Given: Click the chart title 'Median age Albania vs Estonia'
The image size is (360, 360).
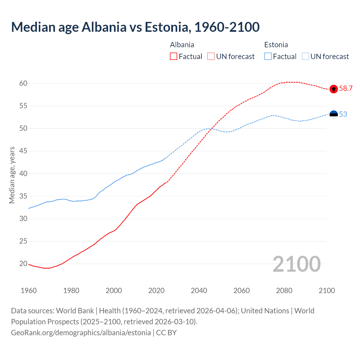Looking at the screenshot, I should point(135,27).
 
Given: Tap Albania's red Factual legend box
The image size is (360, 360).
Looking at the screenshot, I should point(174,57).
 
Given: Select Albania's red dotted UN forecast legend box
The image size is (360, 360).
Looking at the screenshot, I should point(211,57).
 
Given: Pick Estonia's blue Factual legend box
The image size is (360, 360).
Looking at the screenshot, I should point(268,57).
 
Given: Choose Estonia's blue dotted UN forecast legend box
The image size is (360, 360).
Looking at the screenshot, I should point(305,57).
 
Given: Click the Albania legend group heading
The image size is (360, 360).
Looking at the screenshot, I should point(182,45).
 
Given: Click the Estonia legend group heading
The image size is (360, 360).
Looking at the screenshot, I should point(276,45).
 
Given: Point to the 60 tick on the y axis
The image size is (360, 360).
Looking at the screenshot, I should point(23,83).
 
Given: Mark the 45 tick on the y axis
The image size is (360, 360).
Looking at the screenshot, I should point(23,151).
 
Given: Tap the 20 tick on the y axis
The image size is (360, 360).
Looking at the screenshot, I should point(23,264).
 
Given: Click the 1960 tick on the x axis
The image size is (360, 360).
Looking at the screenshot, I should point(29,291).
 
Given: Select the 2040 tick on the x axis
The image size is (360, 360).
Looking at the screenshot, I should point(199,291).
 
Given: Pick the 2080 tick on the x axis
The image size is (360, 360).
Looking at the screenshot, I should point(284,291).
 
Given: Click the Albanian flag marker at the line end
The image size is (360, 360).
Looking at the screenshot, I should point(334,89).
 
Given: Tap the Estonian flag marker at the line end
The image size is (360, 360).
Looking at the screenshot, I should point(334,114).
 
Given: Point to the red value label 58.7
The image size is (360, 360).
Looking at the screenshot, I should point(346,89).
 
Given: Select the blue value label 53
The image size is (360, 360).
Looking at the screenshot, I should point(343,114).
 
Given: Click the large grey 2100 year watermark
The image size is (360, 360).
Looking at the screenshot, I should point(296,264).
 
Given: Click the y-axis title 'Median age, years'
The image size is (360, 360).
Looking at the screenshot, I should point(12,175).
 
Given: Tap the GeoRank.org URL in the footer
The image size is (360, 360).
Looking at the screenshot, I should point(81,333).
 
